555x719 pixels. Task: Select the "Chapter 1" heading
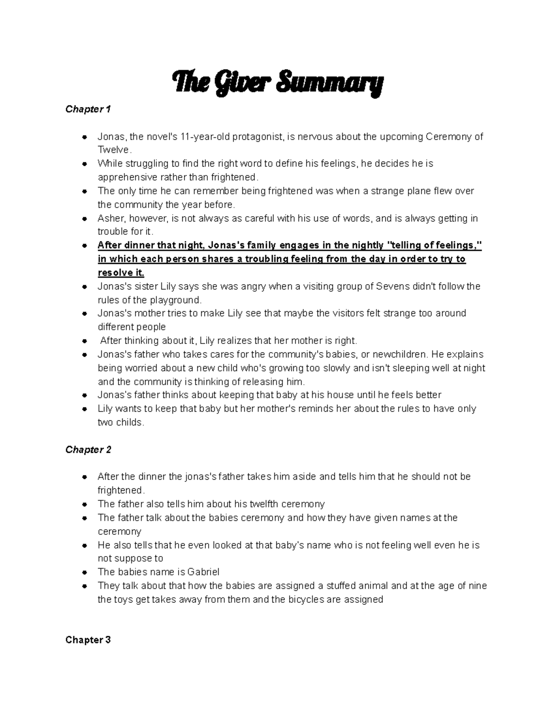(x=88, y=109)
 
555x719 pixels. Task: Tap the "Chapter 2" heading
(x=88, y=450)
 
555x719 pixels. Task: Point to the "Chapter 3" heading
(x=88, y=640)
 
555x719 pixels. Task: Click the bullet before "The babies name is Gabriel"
(x=84, y=572)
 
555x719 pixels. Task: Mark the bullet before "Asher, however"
(x=84, y=219)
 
